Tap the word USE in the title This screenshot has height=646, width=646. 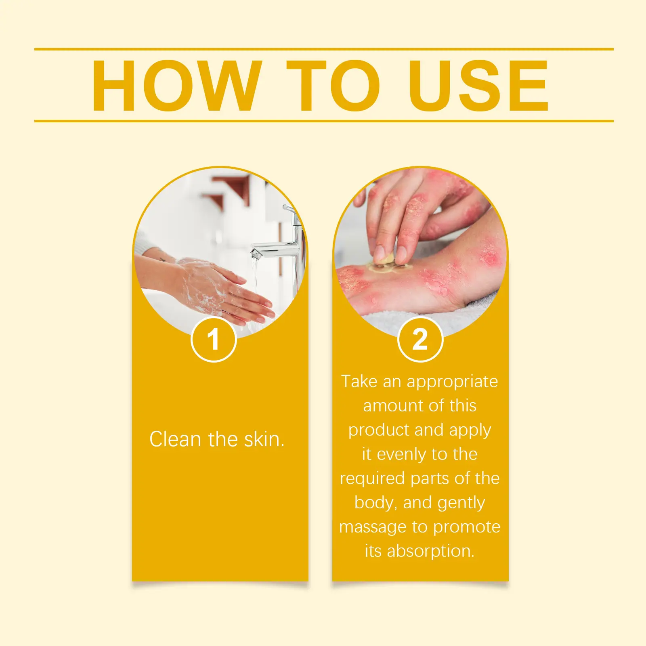[x=478, y=86]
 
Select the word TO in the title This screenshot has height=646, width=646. [x=333, y=86]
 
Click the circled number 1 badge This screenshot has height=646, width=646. [x=213, y=340]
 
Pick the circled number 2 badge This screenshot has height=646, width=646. [x=420, y=340]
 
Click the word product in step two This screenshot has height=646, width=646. [x=379, y=430]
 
